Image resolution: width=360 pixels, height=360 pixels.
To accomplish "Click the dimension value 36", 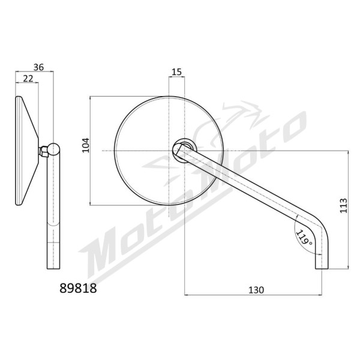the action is tap(38, 67).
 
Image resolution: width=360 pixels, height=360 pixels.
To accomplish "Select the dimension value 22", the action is tap(28, 79).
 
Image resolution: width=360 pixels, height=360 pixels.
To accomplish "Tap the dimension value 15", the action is tap(176, 72).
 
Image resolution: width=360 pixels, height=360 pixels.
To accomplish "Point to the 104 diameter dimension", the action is tap(86, 145).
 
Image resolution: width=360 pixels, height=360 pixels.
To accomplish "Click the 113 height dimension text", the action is tap(343, 205).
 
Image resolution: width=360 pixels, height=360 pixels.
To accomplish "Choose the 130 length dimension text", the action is tap(256, 290).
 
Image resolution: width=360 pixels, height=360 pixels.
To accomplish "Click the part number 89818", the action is tap(78, 288).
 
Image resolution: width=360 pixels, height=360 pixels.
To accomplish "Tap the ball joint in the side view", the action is tap(54, 149).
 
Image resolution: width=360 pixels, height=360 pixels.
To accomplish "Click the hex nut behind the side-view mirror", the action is tap(43, 151).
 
